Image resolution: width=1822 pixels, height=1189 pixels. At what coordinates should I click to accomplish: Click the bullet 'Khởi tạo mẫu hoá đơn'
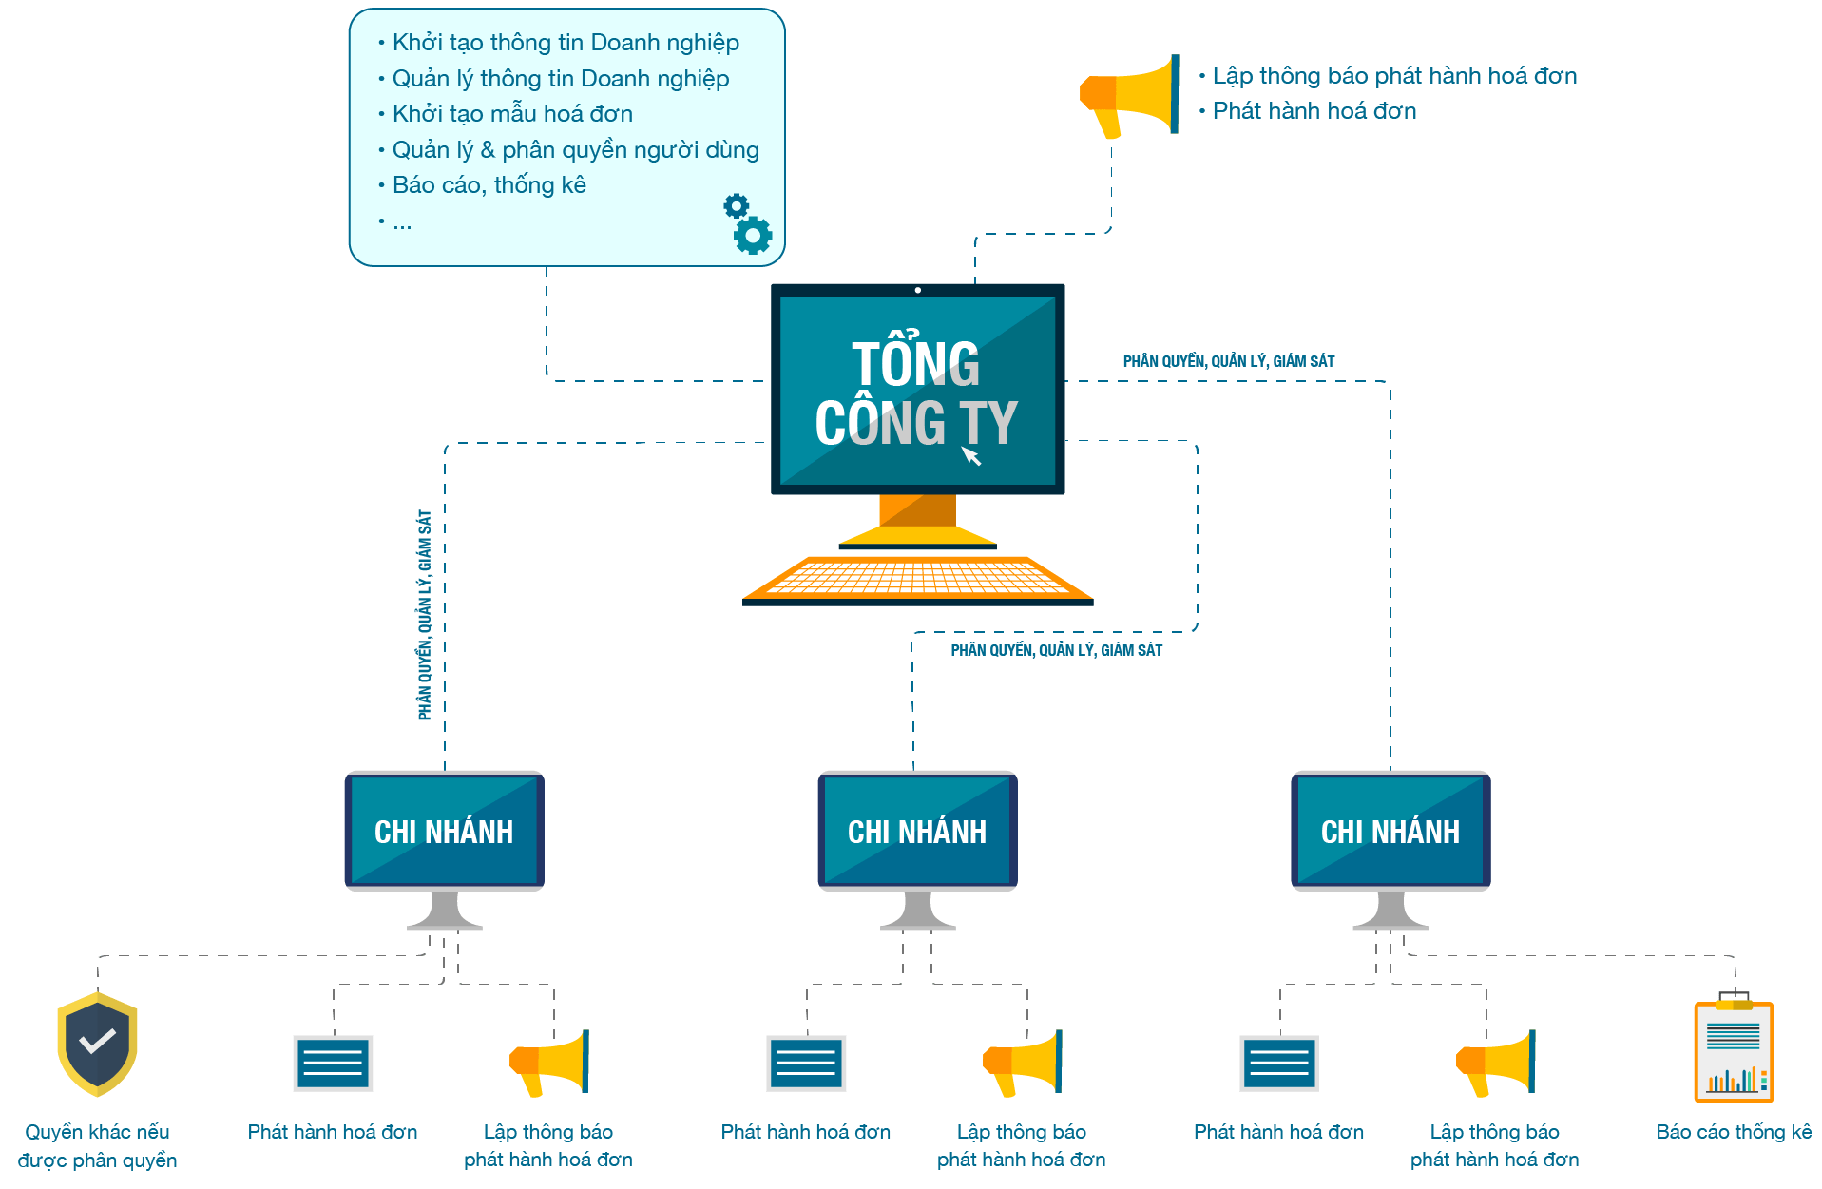pos(512,114)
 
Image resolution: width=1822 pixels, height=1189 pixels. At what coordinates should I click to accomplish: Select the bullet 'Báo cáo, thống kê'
pos(489,185)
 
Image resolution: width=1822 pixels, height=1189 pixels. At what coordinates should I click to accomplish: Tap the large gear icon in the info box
pos(754,235)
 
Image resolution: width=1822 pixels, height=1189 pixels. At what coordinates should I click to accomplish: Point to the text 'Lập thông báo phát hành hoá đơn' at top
pos(1394,76)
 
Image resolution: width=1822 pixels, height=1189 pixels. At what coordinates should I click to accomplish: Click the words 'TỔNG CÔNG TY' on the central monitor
pos(916,393)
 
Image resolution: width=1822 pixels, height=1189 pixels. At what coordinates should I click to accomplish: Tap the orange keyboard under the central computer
pos(917,579)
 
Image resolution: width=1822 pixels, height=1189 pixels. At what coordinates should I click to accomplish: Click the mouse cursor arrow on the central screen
pos(970,456)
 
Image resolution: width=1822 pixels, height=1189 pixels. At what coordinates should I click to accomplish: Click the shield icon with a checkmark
pos(97,1044)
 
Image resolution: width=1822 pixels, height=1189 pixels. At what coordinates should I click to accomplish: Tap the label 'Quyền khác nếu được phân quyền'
pos(97,1145)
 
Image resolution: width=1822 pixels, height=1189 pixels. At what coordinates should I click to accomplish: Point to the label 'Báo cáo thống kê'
pos(1734,1132)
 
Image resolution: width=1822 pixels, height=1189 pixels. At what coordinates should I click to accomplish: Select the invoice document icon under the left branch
pos(333,1064)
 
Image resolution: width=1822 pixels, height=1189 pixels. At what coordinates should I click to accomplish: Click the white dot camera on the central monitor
pos(917,290)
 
